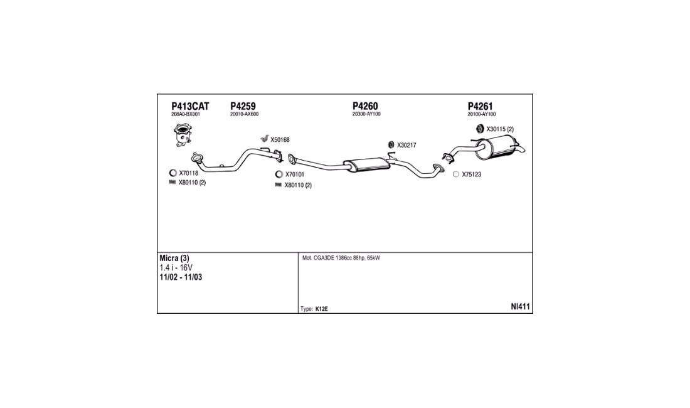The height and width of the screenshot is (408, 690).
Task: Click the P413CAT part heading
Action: point(189,106)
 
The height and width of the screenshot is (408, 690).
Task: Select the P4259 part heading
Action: point(242,106)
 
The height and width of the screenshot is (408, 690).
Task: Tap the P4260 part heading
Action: point(365,106)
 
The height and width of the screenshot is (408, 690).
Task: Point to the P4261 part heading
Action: point(480,106)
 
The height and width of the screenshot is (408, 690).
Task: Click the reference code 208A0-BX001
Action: point(185,114)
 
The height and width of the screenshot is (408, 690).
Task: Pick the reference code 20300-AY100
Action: point(366,114)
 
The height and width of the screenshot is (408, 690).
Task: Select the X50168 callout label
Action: point(280,140)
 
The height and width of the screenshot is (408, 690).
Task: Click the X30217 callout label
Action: point(406,145)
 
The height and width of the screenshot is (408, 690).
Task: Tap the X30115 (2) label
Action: point(500,129)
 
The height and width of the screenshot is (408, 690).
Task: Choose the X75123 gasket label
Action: point(471,174)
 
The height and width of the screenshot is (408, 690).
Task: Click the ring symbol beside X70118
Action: point(173,173)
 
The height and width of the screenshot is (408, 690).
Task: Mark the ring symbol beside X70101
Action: point(279,174)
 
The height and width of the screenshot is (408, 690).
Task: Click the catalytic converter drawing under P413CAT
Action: point(183,136)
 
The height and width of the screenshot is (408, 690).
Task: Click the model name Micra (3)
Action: point(174,259)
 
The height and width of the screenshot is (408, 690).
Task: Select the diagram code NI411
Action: point(521,307)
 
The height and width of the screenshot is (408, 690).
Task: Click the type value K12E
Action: point(322,309)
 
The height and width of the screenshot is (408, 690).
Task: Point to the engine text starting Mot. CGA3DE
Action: point(341,258)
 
